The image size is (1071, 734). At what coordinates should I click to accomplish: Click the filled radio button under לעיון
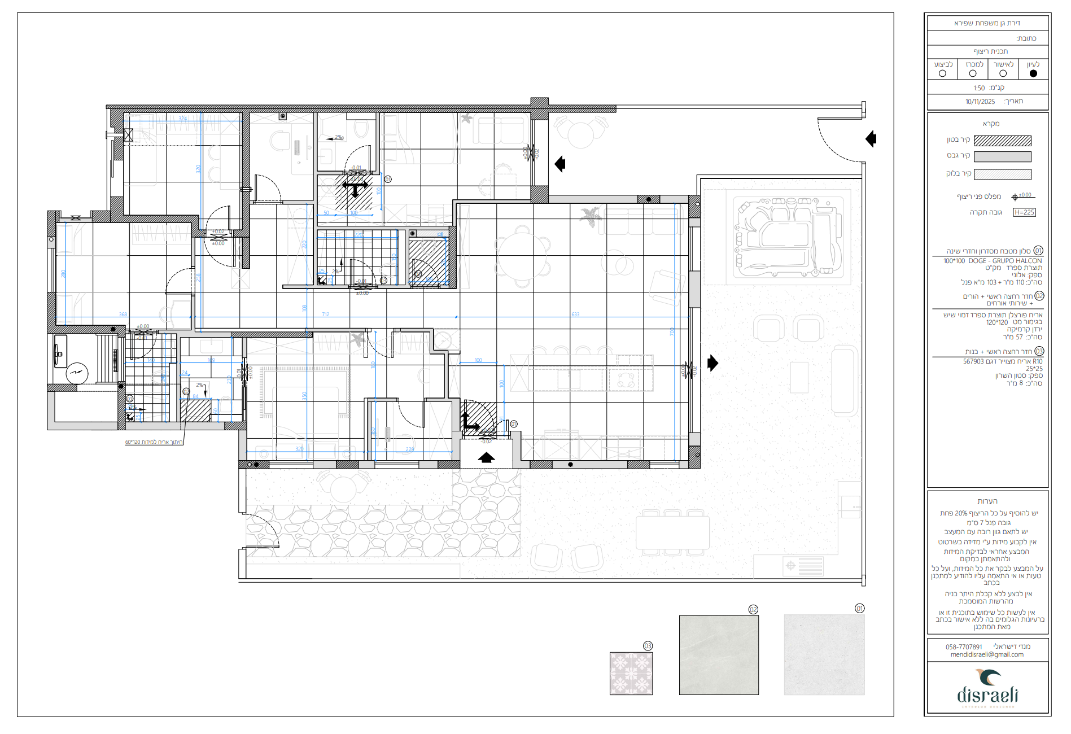(1033, 73)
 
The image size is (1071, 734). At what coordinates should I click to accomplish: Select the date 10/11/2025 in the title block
(980, 102)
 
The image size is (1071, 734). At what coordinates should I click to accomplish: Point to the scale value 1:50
(979, 88)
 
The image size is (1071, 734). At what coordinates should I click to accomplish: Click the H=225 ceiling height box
(1024, 212)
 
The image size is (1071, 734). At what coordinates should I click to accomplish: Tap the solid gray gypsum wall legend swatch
(1003, 156)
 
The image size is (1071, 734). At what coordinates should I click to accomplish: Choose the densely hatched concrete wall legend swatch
(1003, 141)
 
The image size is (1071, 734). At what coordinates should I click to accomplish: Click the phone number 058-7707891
(964, 647)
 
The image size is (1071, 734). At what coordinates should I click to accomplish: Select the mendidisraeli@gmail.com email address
(987, 655)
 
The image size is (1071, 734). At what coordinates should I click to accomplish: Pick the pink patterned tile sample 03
(631, 673)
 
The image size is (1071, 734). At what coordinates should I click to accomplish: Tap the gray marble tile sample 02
(719, 655)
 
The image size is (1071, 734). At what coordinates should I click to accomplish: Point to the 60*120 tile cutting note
(154, 442)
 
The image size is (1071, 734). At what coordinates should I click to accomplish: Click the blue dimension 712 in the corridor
(325, 314)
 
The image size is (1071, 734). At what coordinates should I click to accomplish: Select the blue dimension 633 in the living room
(575, 314)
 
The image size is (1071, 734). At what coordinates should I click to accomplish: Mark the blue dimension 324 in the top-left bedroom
(183, 119)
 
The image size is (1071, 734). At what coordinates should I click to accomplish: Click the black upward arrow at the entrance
(486, 457)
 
